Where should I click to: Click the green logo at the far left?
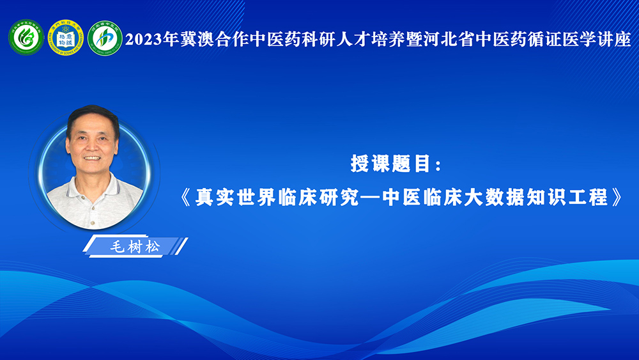click(x=26, y=37)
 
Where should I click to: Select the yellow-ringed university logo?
click(x=66, y=37)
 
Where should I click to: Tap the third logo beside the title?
click(x=105, y=38)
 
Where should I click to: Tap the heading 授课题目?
click(x=390, y=164)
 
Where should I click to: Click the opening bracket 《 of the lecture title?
click(x=185, y=198)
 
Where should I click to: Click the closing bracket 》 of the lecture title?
click(x=617, y=198)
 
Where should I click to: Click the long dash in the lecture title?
click(x=370, y=198)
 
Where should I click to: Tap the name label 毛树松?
click(x=135, y=247)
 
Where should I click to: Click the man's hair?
click(x=93, y=117)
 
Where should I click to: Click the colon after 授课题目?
click(x=438, y=165)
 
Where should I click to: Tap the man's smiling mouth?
click(x=91, y=158)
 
